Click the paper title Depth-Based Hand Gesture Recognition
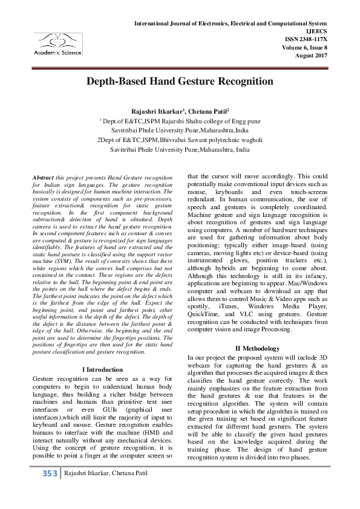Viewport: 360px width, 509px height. pos(180,81)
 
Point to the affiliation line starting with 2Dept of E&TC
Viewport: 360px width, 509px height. pos(180,138)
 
